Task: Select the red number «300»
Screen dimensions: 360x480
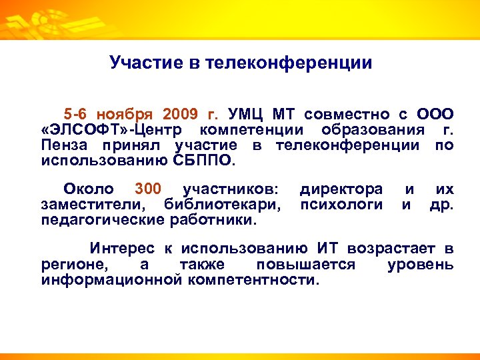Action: tap(147, 189)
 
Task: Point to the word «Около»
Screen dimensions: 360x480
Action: tap(88, 189)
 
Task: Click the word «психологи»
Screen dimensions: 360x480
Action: tap(341, 205)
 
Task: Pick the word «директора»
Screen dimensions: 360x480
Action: tap(341, 189)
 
